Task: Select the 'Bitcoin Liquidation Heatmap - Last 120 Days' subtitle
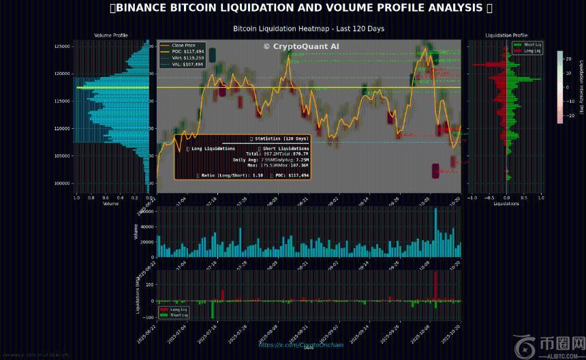pyautogui.click(x=309, y=29)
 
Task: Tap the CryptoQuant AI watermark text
pyautogui.click(x=301, y=46)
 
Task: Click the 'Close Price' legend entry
pyautogui.click(x=184, y=45)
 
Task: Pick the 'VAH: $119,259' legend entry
pyautogui.click(x=187, y=57)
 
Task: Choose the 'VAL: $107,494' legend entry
pyautogui.click(x=187, y=63)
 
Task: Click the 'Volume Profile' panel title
pyautogui.click(x=110, y=35)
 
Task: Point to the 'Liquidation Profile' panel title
pyautogui.click(x=506, y=35)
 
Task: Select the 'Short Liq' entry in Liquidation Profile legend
pyautogui.click(x=532, y=45)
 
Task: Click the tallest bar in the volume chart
pyautogui.click(x=435, y=232)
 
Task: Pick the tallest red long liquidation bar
pyautogui.click(x=435, y=286)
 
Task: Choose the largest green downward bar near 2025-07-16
pyautogui.click(x=212, y=309)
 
